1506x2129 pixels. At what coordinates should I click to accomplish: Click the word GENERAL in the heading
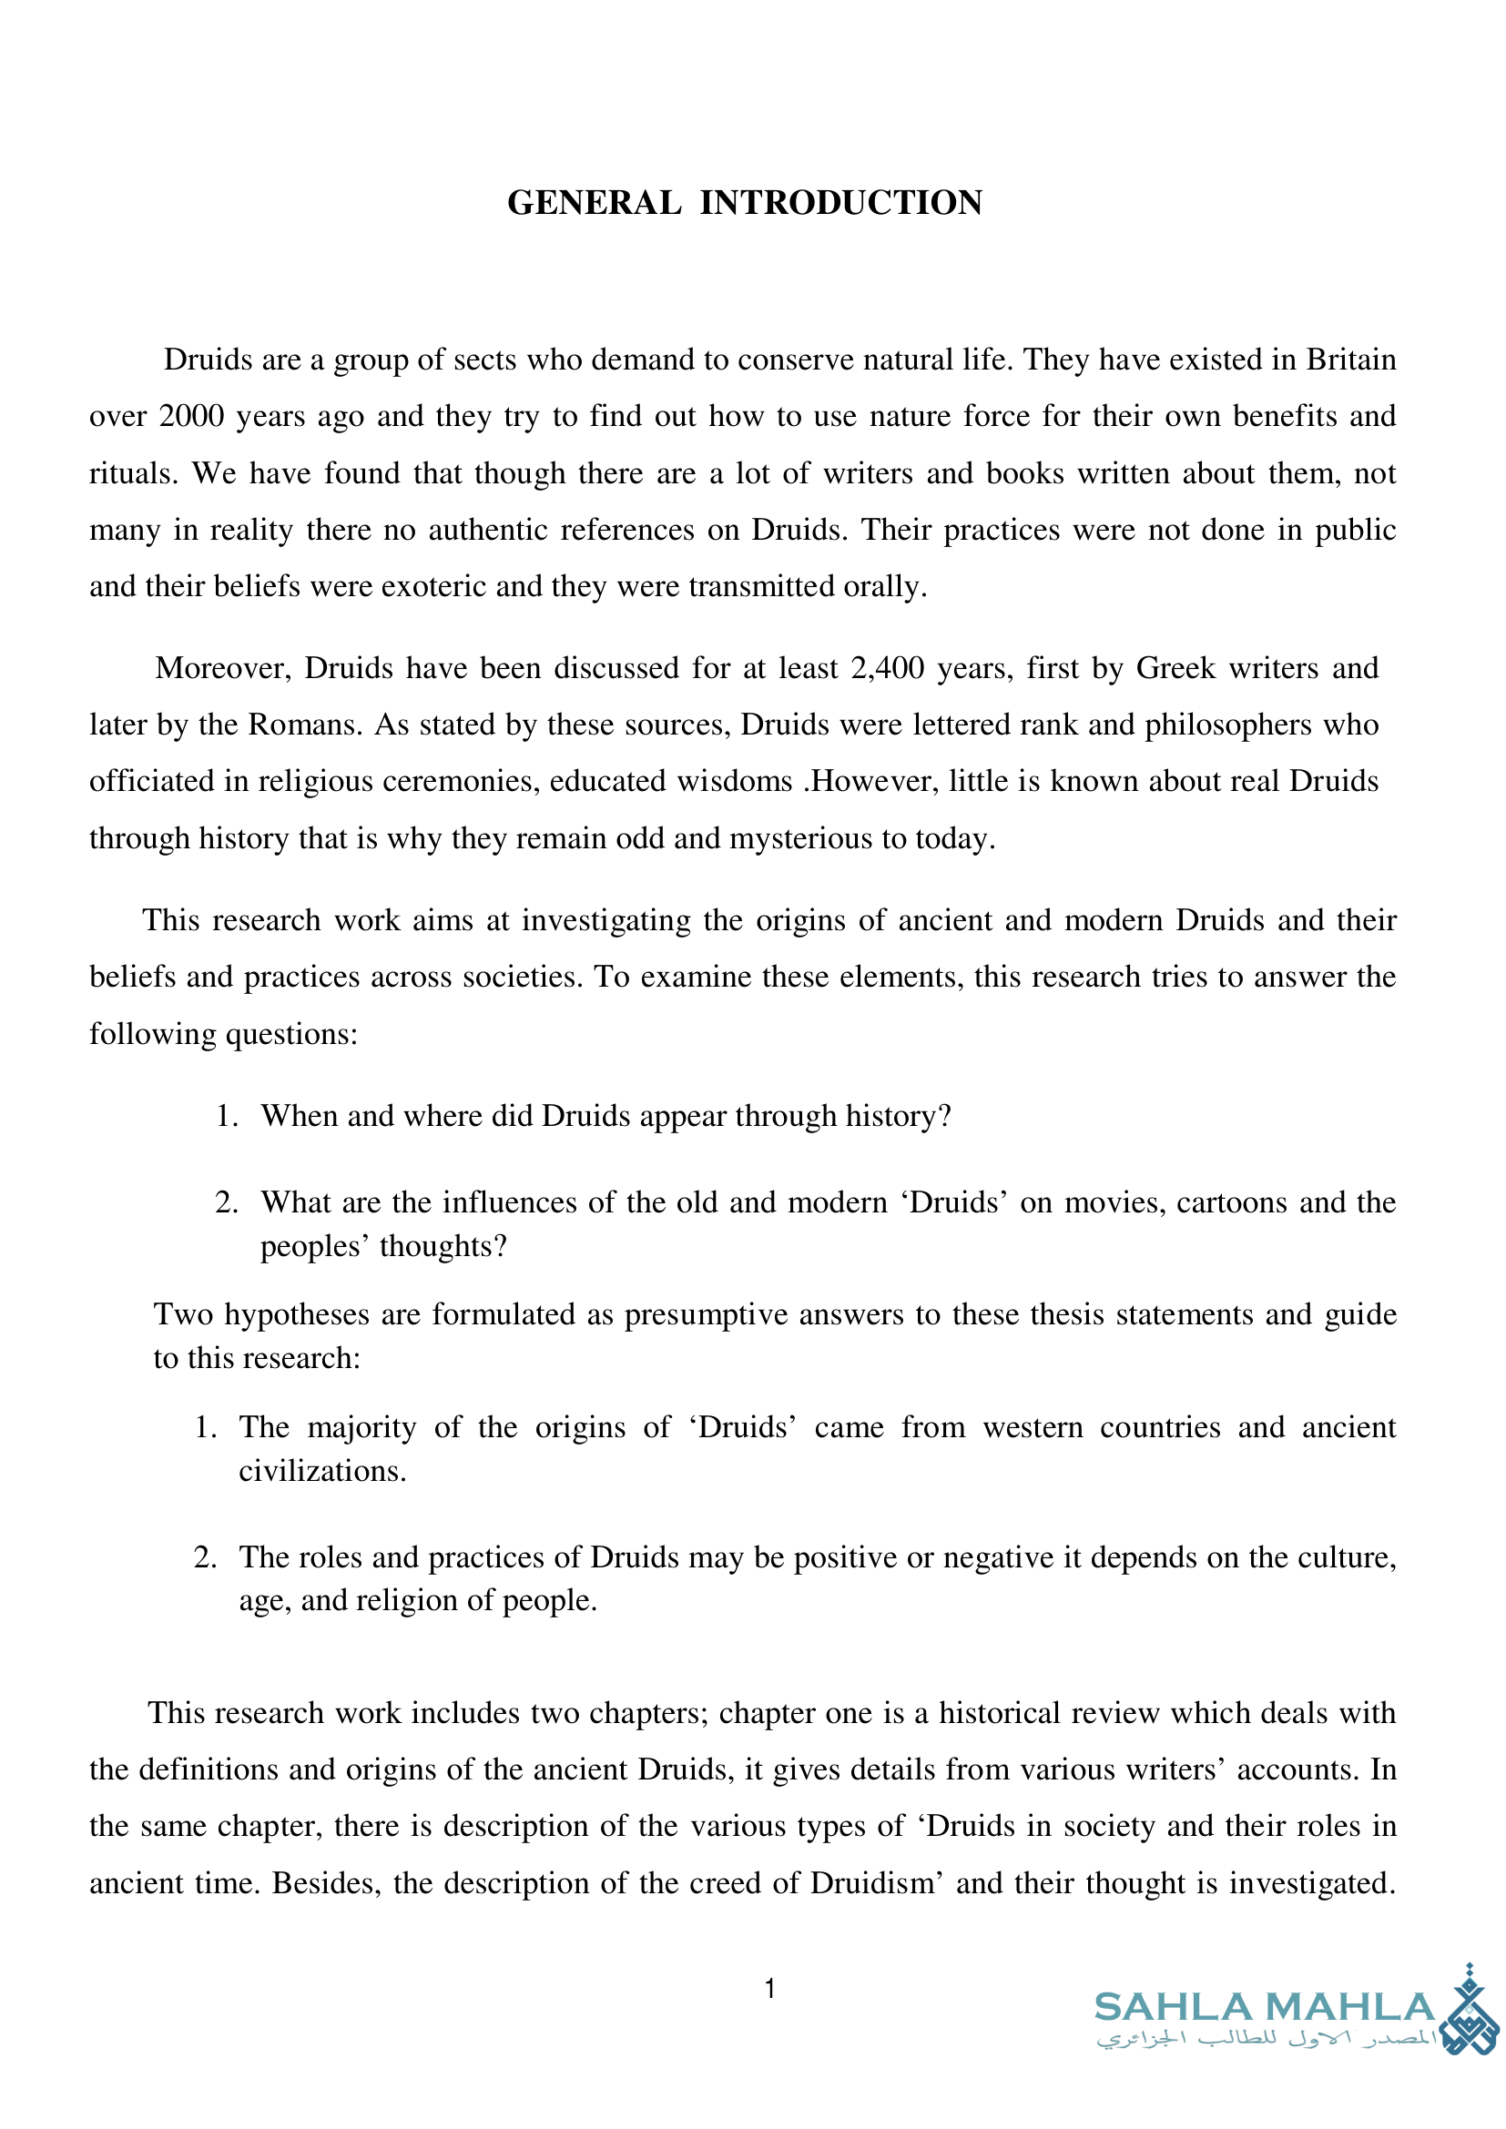tap(594, 203)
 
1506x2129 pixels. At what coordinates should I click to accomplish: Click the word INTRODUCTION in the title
tap(840, 203)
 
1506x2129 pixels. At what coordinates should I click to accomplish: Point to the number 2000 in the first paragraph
tap(191, 416)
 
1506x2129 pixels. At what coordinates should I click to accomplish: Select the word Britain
tap(1350, 360)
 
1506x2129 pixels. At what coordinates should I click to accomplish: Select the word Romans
tap(304, 725)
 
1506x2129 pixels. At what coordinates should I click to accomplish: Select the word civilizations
tap(321, 1472)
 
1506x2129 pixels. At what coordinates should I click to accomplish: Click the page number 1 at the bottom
tap(769, 1989)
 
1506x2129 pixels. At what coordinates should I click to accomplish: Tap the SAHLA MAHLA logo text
tap(1265, 2008)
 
